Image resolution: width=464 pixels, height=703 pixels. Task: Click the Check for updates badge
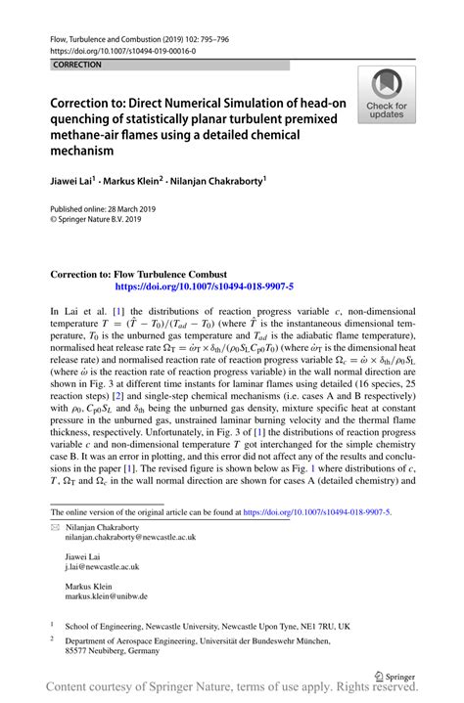click(387, 95)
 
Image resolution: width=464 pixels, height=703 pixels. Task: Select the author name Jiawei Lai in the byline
click(81, 180)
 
